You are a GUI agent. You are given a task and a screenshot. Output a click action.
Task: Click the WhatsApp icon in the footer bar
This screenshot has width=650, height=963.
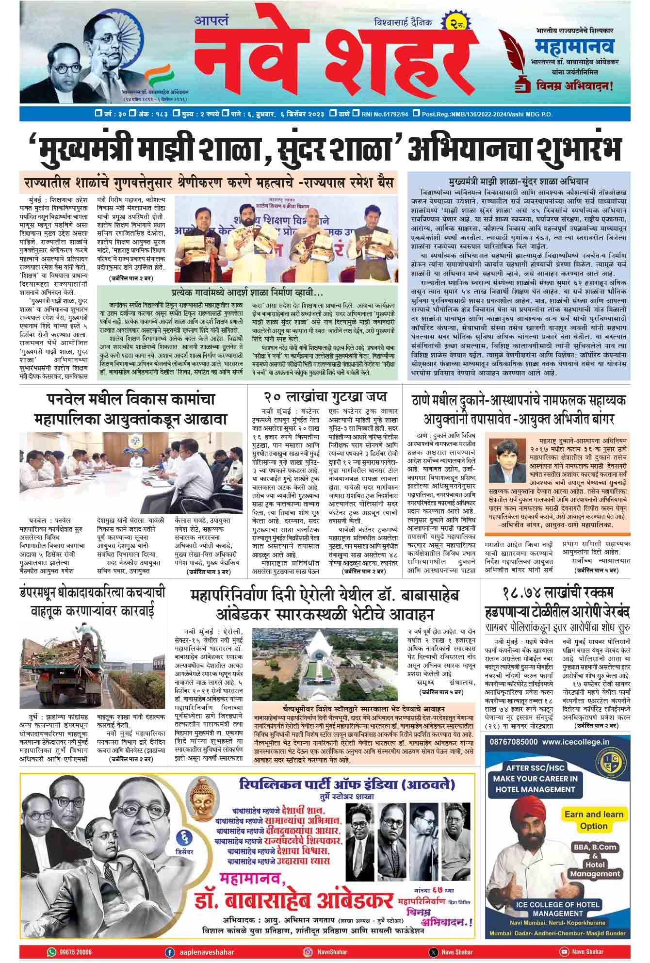52,951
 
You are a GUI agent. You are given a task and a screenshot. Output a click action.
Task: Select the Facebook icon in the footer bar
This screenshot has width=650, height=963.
169,951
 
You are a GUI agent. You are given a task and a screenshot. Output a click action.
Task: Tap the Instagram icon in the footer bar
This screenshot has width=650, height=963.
307,951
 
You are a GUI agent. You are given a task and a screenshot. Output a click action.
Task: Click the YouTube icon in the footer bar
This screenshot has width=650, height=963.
564,951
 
